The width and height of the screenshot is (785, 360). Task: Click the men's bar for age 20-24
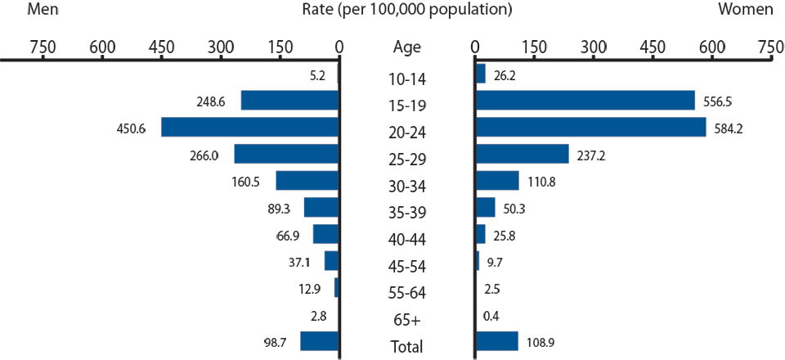(250, 127)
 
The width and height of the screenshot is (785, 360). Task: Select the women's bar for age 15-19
(585, 100)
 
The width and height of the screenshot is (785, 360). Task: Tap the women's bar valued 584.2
(590, 127)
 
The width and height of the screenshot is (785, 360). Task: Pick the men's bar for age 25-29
(286, 154)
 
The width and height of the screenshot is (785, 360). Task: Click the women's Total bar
(496, 340)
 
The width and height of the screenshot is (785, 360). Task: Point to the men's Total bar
(319, 340)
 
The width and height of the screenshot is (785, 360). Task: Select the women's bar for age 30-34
(497, 180)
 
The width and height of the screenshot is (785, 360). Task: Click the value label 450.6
(132, 128)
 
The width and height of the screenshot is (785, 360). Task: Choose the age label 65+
(406, 320)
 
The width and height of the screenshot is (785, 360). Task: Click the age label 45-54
(406, 266)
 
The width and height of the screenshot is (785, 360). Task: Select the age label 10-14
(406, 79)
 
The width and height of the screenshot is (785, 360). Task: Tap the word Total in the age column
(406, 347)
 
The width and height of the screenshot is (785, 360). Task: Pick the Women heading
(745, 10)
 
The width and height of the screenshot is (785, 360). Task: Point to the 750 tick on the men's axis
(43, 47)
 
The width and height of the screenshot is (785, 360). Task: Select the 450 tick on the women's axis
(653, 47)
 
